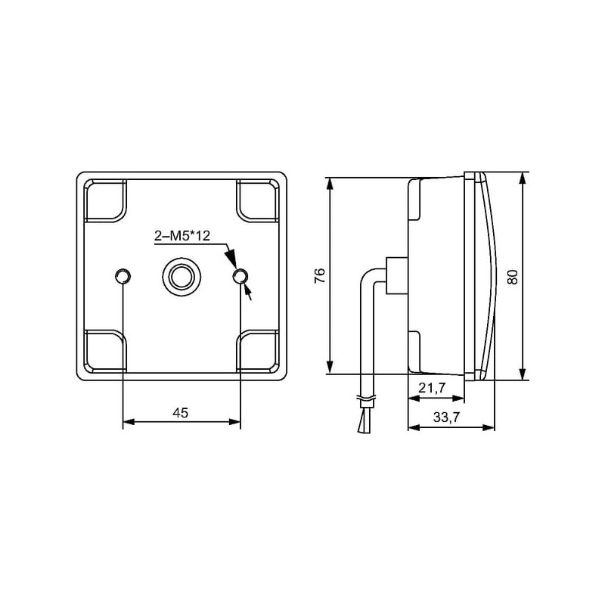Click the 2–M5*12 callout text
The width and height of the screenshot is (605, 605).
182,236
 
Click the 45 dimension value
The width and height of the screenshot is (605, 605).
181,413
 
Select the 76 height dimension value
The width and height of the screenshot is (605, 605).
320,275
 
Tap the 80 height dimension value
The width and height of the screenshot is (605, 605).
512,277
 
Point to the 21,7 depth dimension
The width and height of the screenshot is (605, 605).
432,387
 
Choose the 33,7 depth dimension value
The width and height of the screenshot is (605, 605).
446,417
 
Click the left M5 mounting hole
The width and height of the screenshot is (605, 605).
123,276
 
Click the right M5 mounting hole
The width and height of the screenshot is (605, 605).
240,276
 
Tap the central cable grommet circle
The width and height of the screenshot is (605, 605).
181,276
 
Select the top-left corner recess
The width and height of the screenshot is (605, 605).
105,200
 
